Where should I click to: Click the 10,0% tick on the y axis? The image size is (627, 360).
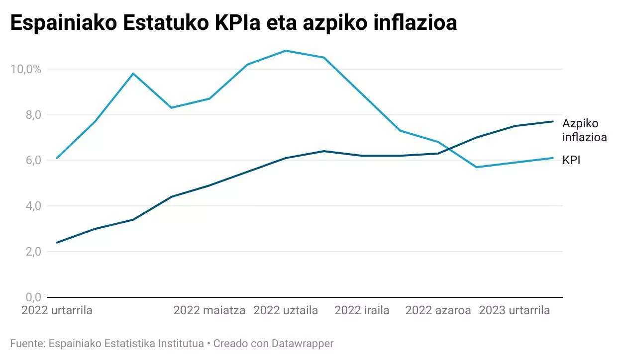tap(25, 69)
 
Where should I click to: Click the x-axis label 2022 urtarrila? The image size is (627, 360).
tap(57, 311)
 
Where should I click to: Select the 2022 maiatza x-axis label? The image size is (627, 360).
tap(209, 311)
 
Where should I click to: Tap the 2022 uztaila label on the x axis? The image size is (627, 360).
tap(286, 311)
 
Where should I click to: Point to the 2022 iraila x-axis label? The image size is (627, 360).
tap(362, 311)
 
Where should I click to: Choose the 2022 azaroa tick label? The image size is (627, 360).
tap(438, 311)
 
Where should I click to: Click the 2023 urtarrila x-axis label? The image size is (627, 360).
tap(514, 311)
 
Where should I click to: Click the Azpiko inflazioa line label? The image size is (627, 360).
tap(584, 130)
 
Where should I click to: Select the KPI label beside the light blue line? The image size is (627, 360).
tap(572, 161)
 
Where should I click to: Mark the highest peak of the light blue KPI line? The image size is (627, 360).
tap(286, 51)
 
